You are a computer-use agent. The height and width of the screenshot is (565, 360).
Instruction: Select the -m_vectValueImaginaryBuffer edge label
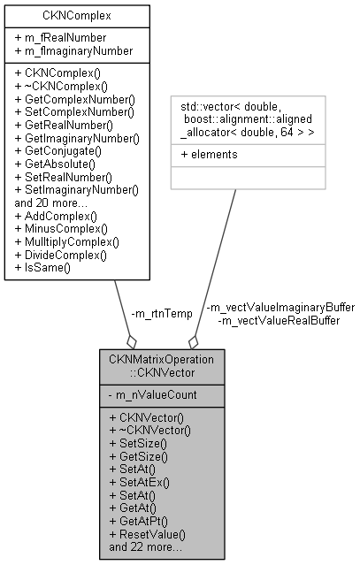280,308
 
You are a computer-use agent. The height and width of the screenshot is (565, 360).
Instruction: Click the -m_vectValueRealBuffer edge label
278,320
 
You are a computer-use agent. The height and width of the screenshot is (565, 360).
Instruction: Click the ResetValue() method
147,535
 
